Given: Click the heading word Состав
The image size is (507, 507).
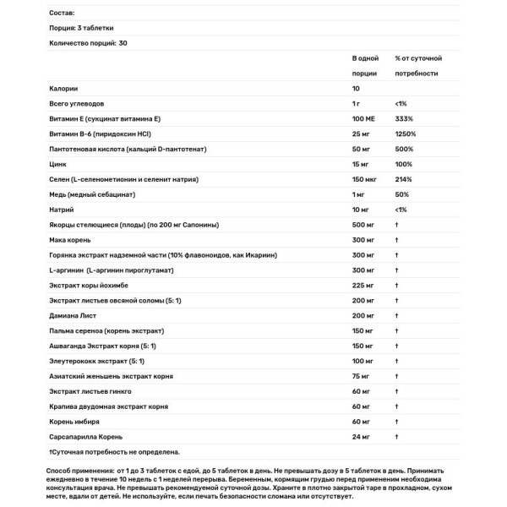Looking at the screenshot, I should [63, 14].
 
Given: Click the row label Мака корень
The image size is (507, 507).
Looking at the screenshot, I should [74, 241].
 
